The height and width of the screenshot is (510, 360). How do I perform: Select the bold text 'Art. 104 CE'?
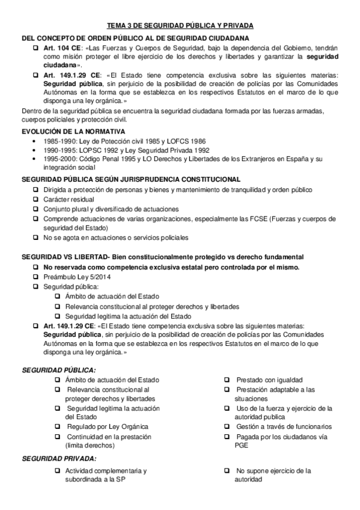tap(61, 48)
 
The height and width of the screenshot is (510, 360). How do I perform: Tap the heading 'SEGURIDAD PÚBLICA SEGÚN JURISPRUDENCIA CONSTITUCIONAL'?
tap(131, 180)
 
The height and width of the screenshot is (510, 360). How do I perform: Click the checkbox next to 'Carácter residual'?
tap(36, 199)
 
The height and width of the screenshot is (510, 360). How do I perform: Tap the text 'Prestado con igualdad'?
tap(269, 381)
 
